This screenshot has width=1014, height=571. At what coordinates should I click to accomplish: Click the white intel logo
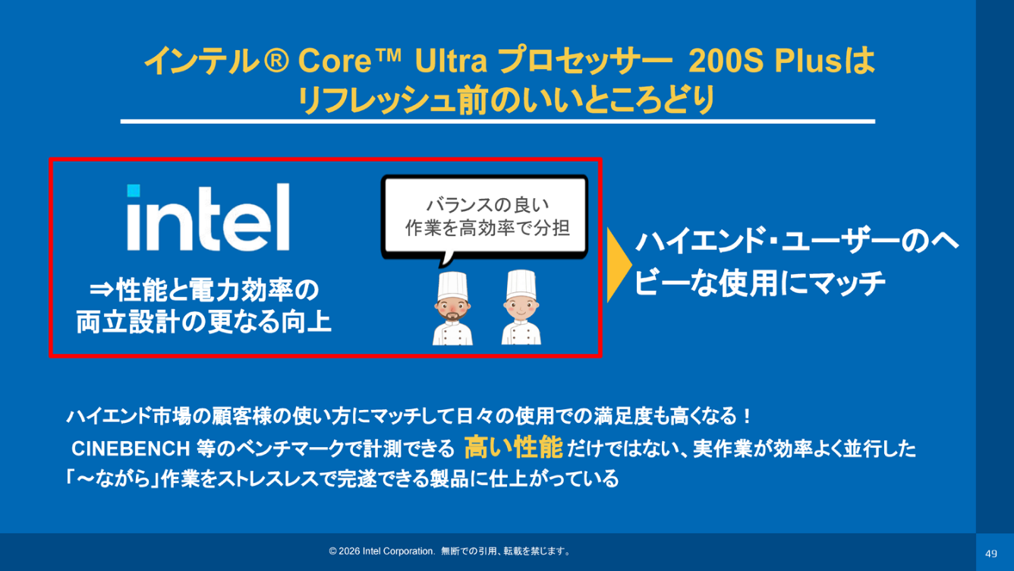coord(208,217)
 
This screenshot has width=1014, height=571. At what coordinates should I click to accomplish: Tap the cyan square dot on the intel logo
coord(134,191)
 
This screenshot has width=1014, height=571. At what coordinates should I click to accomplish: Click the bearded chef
coord(452,308)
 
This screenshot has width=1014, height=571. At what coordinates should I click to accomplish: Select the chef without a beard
coord(521,307)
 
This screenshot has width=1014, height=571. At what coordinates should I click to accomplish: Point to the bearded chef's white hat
coord(452,285)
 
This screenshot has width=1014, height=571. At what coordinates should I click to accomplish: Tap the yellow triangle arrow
coord(619,265)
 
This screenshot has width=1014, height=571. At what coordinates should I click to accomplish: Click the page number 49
coord(991,554)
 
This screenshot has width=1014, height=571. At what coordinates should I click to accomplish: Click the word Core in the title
coord(334,62)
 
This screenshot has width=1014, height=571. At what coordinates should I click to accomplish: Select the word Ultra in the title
coord(451,61)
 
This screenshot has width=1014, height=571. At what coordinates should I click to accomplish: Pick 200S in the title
coord(726,61)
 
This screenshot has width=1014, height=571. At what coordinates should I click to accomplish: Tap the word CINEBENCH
coord(131,449)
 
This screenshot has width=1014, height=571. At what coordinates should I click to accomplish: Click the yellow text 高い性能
coord(514,447)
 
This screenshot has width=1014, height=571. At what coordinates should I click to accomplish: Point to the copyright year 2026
coord(349,551)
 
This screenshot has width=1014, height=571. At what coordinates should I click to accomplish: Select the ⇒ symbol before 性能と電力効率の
coord(102,290)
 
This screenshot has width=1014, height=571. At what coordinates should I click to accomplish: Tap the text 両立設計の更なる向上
coord(203,322)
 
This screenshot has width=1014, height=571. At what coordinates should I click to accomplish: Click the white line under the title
coord(497,121)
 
